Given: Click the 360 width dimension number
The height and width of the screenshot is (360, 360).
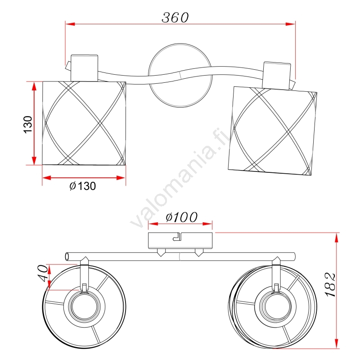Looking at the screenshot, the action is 175,18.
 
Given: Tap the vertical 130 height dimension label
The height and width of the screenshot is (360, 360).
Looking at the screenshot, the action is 28,125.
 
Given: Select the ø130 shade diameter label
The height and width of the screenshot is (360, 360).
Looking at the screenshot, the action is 83,186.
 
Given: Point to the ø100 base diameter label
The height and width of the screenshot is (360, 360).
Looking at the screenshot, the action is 182,217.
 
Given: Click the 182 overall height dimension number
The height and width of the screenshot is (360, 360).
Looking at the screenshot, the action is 331,285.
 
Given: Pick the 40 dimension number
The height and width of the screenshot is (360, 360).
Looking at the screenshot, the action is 43,273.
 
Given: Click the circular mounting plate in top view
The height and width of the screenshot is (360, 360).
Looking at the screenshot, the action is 180,75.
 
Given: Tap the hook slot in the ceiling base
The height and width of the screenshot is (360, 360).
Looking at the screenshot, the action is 177,237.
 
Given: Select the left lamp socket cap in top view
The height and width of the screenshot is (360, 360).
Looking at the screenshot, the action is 84,68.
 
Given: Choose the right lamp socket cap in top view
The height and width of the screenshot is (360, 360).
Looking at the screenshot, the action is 277,76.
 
